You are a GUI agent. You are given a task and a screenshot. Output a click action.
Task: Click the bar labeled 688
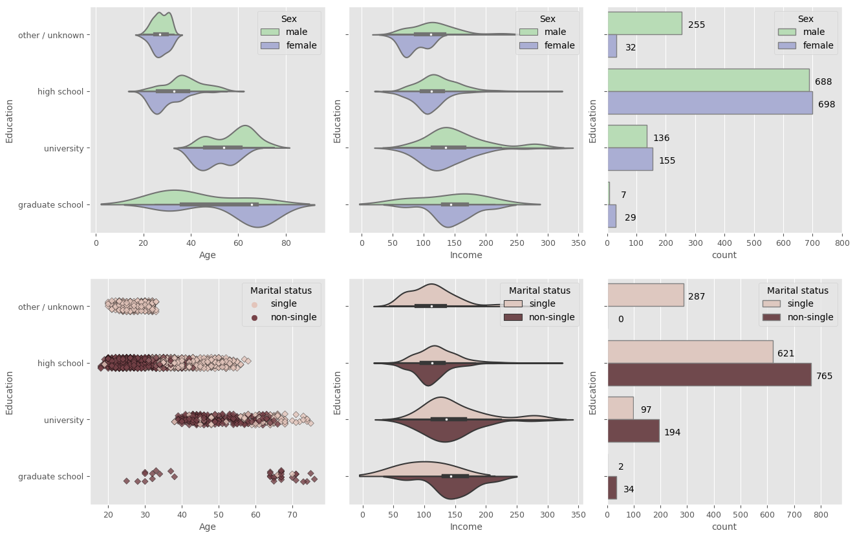pyautogui.click(x=708, y=80)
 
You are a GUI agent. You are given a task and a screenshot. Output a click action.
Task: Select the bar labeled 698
pyautogui.click(x=709, y=102)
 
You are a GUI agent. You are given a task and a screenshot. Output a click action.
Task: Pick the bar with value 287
pyautogui.click(x=645, y=295)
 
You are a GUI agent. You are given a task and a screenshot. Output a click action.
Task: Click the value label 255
pyautogui.click(x=697, y=25)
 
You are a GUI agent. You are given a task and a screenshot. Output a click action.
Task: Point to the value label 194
pyautogui.click(x=672, y=432)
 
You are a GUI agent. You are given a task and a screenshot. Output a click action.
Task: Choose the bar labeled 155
pyautogui.click(x=630, y=159)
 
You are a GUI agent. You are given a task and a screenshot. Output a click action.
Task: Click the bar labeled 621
pyautogui.click(x=690, y=352)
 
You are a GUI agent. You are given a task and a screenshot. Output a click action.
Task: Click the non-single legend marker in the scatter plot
pyautogui.click(x=254, y=317)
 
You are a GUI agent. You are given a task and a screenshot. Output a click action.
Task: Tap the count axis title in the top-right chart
pyautogui.click(x=724, y=255)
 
